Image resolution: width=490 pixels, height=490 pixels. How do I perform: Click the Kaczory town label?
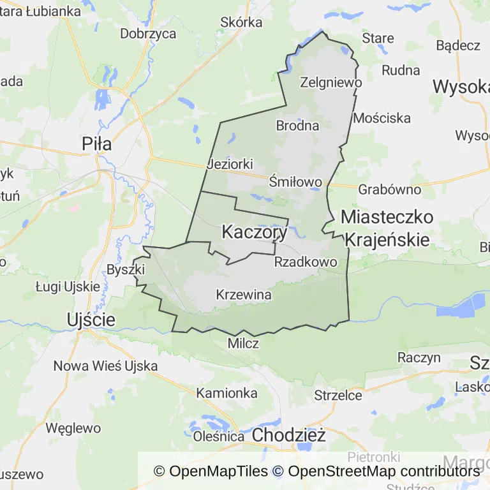[254, 233]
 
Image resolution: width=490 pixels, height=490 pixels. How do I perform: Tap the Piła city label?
[97, 144]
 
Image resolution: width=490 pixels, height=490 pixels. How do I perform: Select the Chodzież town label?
[289, 436]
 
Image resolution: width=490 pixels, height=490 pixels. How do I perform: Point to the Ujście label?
[91, 319]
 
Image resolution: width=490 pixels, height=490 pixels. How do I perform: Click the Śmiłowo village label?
[295, 182]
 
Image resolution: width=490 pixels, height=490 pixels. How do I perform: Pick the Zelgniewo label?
[330, 82]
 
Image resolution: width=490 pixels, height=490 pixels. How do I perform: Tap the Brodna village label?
[297, 126]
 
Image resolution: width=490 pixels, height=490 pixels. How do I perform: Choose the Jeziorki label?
[230, 164]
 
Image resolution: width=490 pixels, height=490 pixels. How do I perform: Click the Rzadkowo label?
[305, 262]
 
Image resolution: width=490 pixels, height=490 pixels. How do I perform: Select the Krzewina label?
[244, 295]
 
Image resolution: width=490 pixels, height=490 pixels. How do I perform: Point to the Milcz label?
[243, 343]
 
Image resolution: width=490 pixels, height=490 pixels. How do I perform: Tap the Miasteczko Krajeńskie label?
[387, 228]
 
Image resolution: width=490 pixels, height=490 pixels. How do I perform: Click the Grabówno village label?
[389, 189]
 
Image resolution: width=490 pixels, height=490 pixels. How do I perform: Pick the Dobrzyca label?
[148, 33]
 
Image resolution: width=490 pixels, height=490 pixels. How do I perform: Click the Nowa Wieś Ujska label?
[105, 366]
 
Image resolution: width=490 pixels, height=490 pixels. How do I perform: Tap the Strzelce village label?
[338, 396]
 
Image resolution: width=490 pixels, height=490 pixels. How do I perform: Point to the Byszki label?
[122, 269]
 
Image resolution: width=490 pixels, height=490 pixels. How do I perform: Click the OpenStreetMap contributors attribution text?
[383, 471]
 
